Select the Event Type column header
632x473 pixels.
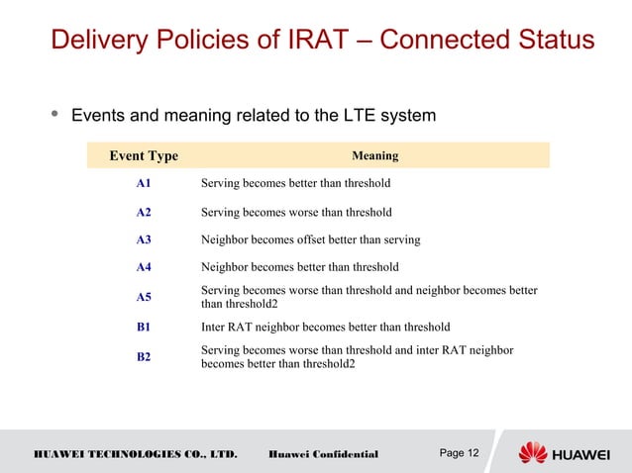(144, 155)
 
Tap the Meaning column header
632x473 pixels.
(374, 155)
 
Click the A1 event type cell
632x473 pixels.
(144, 183)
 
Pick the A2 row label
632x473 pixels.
(144, 212)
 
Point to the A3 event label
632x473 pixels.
(144, 239)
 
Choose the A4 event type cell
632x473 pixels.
(144, 267)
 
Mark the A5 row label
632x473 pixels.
(144, 297)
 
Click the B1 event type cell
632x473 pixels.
(144, 327)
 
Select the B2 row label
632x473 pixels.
(144, 356)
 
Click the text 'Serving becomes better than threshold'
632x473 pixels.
(295, 183)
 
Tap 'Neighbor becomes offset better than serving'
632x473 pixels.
(310, 239)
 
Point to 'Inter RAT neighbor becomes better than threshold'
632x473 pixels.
(325, 327)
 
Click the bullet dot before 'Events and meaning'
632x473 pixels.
(53, 115)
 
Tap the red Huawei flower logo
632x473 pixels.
(533, 453)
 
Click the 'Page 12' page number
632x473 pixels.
(459, 453)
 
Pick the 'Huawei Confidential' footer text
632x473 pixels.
(323, 454)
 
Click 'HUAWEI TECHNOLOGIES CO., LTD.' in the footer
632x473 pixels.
(136, 454)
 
